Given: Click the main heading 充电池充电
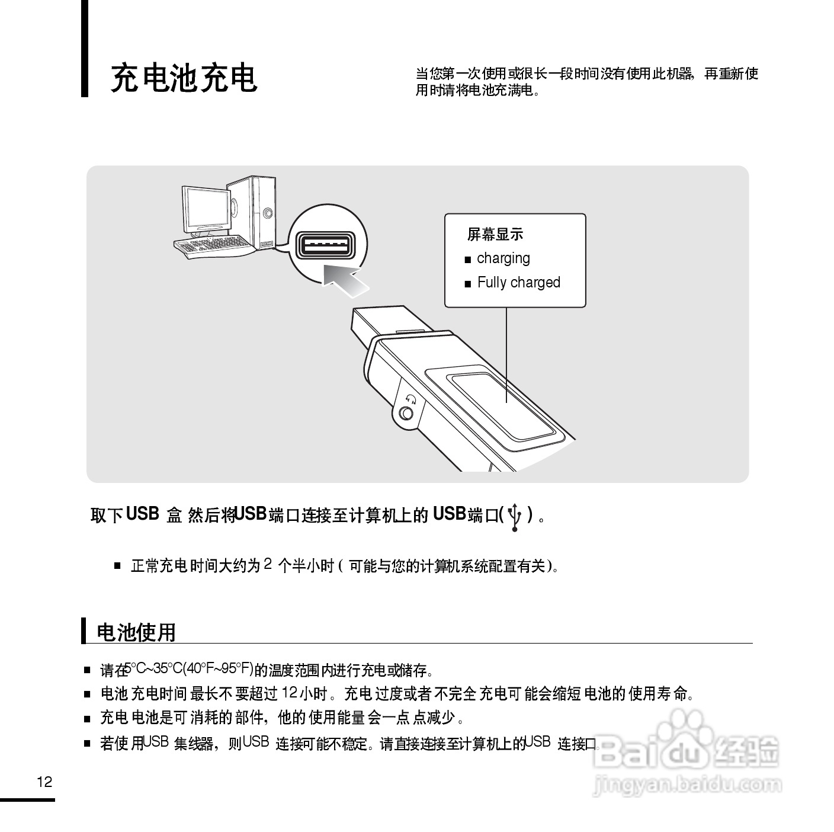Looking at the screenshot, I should click(184, 78).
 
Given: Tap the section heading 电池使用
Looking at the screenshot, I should click(136, 632).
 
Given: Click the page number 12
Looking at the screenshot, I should click(44, 782).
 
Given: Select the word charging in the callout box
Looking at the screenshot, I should click(503, 258).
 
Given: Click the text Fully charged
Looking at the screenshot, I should click(518, 283).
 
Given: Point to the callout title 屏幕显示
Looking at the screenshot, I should click(495, 235).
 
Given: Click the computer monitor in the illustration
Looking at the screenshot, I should click(205, 209).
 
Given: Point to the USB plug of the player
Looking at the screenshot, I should click(379, 323).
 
